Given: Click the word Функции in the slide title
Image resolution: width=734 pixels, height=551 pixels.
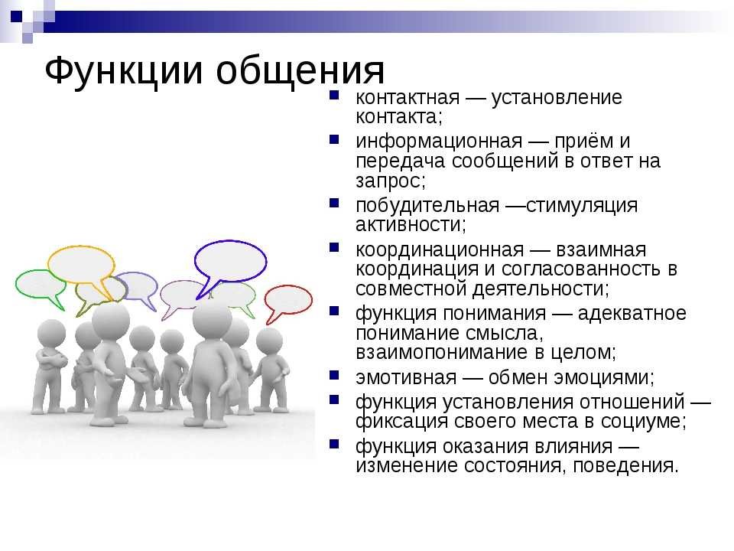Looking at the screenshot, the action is coord(124,71).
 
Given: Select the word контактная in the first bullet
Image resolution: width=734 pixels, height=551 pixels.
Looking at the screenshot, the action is coord(408,97).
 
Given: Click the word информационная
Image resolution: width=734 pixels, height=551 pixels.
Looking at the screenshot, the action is coord(439,141).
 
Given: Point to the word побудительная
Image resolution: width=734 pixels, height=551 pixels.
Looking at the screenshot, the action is coord(427,205).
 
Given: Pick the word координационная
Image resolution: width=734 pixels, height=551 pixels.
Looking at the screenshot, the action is coord(440,249).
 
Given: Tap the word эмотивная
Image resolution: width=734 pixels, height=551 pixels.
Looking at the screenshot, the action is coord(406,377).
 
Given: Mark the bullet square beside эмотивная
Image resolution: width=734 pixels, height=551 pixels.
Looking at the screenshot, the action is coord(334,375).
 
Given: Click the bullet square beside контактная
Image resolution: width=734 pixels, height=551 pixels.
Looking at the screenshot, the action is coord(334,95).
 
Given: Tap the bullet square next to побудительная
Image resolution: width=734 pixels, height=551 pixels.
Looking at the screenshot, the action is coord(334,203).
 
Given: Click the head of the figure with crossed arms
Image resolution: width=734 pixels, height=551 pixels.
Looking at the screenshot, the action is coord(51,334).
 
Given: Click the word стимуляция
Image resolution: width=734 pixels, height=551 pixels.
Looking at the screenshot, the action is coord(582,206).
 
